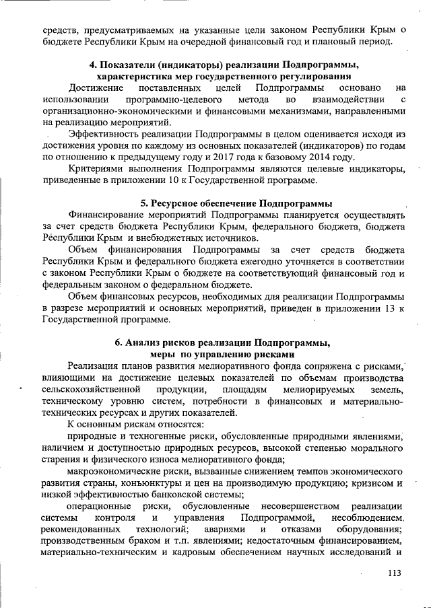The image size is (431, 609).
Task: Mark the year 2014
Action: [x=331, y=157]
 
